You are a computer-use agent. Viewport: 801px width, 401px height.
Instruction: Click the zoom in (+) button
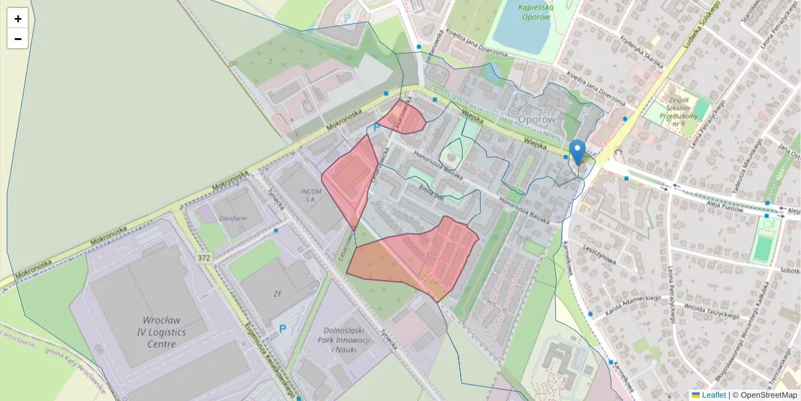[x=18, y=19]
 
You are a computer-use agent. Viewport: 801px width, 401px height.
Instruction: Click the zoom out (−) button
[x=18, y=39]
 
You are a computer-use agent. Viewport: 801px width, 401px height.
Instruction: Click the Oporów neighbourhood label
[x=537, y=119]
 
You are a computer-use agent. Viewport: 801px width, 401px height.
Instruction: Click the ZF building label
[x=278, y=293]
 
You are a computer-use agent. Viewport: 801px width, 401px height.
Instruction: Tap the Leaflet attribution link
[x=714, y=395]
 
